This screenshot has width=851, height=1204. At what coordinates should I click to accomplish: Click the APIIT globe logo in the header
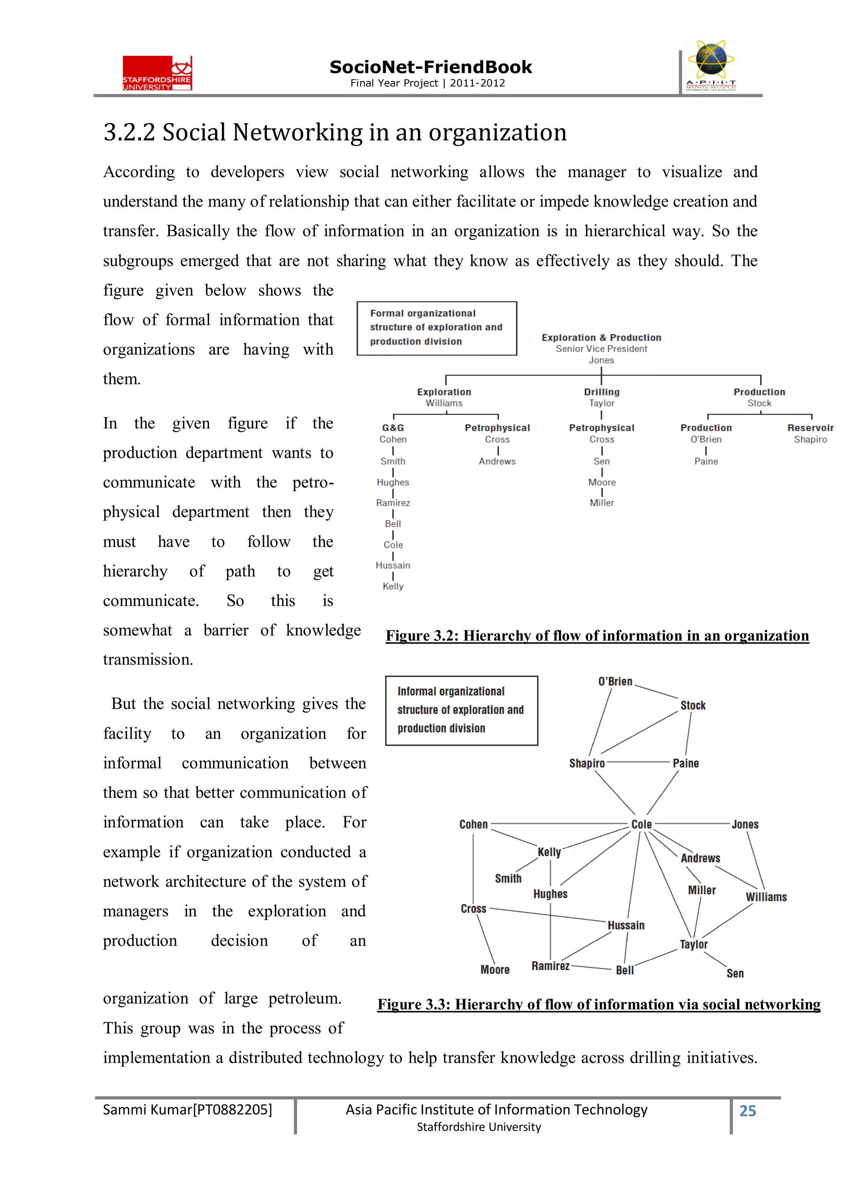click(x=711, y=66)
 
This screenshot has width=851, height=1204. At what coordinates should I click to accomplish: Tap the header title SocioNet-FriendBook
click(x=430, y=67)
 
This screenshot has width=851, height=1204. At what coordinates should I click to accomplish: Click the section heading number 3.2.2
click(x=129, y=132)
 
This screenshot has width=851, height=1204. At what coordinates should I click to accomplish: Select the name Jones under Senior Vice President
click(x=601, y=360)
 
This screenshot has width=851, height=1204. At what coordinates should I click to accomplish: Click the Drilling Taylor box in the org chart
click(x=601, y=397)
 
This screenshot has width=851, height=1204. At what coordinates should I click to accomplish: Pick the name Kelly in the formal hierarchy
click(x=393, y=586)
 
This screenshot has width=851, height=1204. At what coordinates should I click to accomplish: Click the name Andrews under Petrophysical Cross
click(x=497, y=461)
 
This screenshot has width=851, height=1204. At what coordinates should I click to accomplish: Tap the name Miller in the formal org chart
click(x=601, y=503)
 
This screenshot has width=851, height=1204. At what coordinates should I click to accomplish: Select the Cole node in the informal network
click(x=641, y=824)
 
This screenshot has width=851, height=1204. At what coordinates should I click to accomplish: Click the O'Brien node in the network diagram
click(x=615, y=682)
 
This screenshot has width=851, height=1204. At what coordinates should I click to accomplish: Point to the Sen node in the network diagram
click(x=735, y=973)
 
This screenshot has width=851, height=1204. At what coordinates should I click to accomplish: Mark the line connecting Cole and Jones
click(x=692, y=824)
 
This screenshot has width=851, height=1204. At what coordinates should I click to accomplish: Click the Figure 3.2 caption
click(x=597, y=636)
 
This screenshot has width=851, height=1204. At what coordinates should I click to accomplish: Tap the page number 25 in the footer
click(x=747, y=1110)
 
